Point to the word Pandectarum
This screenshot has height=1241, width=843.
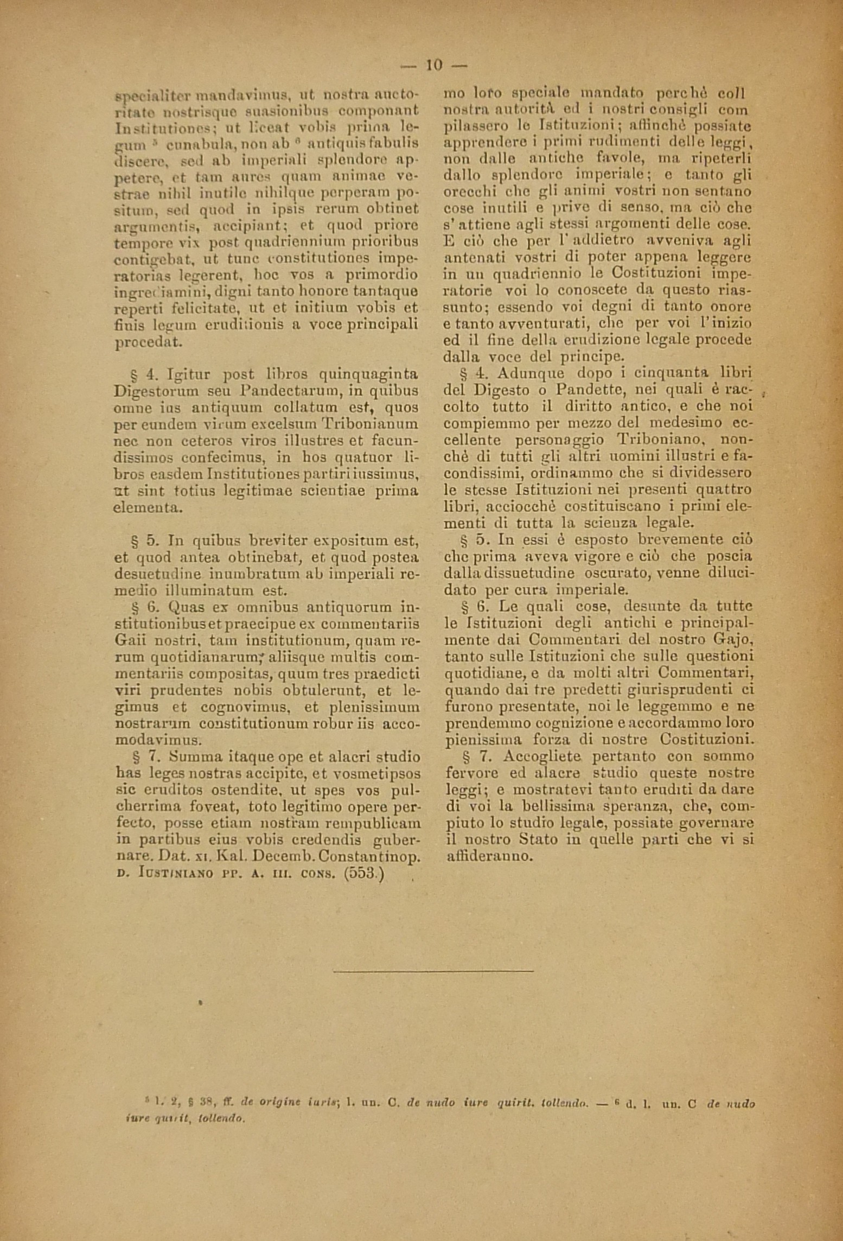click(284, 390)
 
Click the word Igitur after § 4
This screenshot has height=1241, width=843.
click(189, 374)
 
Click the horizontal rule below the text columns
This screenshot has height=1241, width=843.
click(433, 970)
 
